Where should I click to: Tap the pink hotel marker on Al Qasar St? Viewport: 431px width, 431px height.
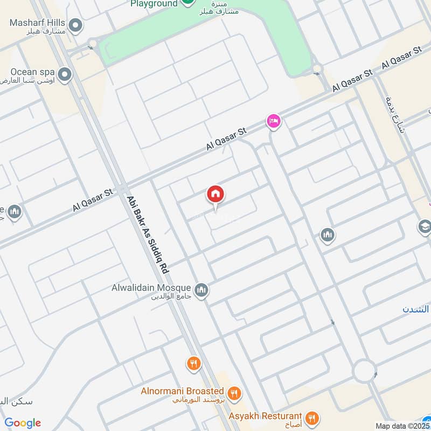[x=273, y=121]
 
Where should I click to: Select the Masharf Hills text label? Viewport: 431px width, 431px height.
[x=37, y=23]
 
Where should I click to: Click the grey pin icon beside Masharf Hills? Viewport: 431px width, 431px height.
[x=76, y=25]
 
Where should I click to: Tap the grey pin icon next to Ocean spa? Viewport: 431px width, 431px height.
[x=65, y=75]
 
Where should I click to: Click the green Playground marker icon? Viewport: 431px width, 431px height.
[x=187, y=2]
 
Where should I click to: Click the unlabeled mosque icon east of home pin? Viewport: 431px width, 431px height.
[x=327, y=235]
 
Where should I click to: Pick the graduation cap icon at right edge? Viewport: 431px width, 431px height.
[x=425, y=227]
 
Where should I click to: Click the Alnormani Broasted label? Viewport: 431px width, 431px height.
[x=182, y=391]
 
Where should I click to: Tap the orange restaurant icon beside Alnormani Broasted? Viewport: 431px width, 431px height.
[x=234, y=394]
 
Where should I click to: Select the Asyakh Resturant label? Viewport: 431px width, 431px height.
[x=264, y=416]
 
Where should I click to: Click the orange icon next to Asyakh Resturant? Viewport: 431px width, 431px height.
[x=311, y=418]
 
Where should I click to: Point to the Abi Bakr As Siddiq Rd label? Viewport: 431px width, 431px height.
[x=148, y=234]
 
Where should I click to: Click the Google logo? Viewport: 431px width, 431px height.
[x=23, y=423]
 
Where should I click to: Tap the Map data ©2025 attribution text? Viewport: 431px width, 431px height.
[x=401, y=426]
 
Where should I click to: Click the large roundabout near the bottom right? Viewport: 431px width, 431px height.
[x=364, y=371]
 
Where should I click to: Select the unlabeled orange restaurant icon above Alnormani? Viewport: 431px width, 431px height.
[x=193, y=364]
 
